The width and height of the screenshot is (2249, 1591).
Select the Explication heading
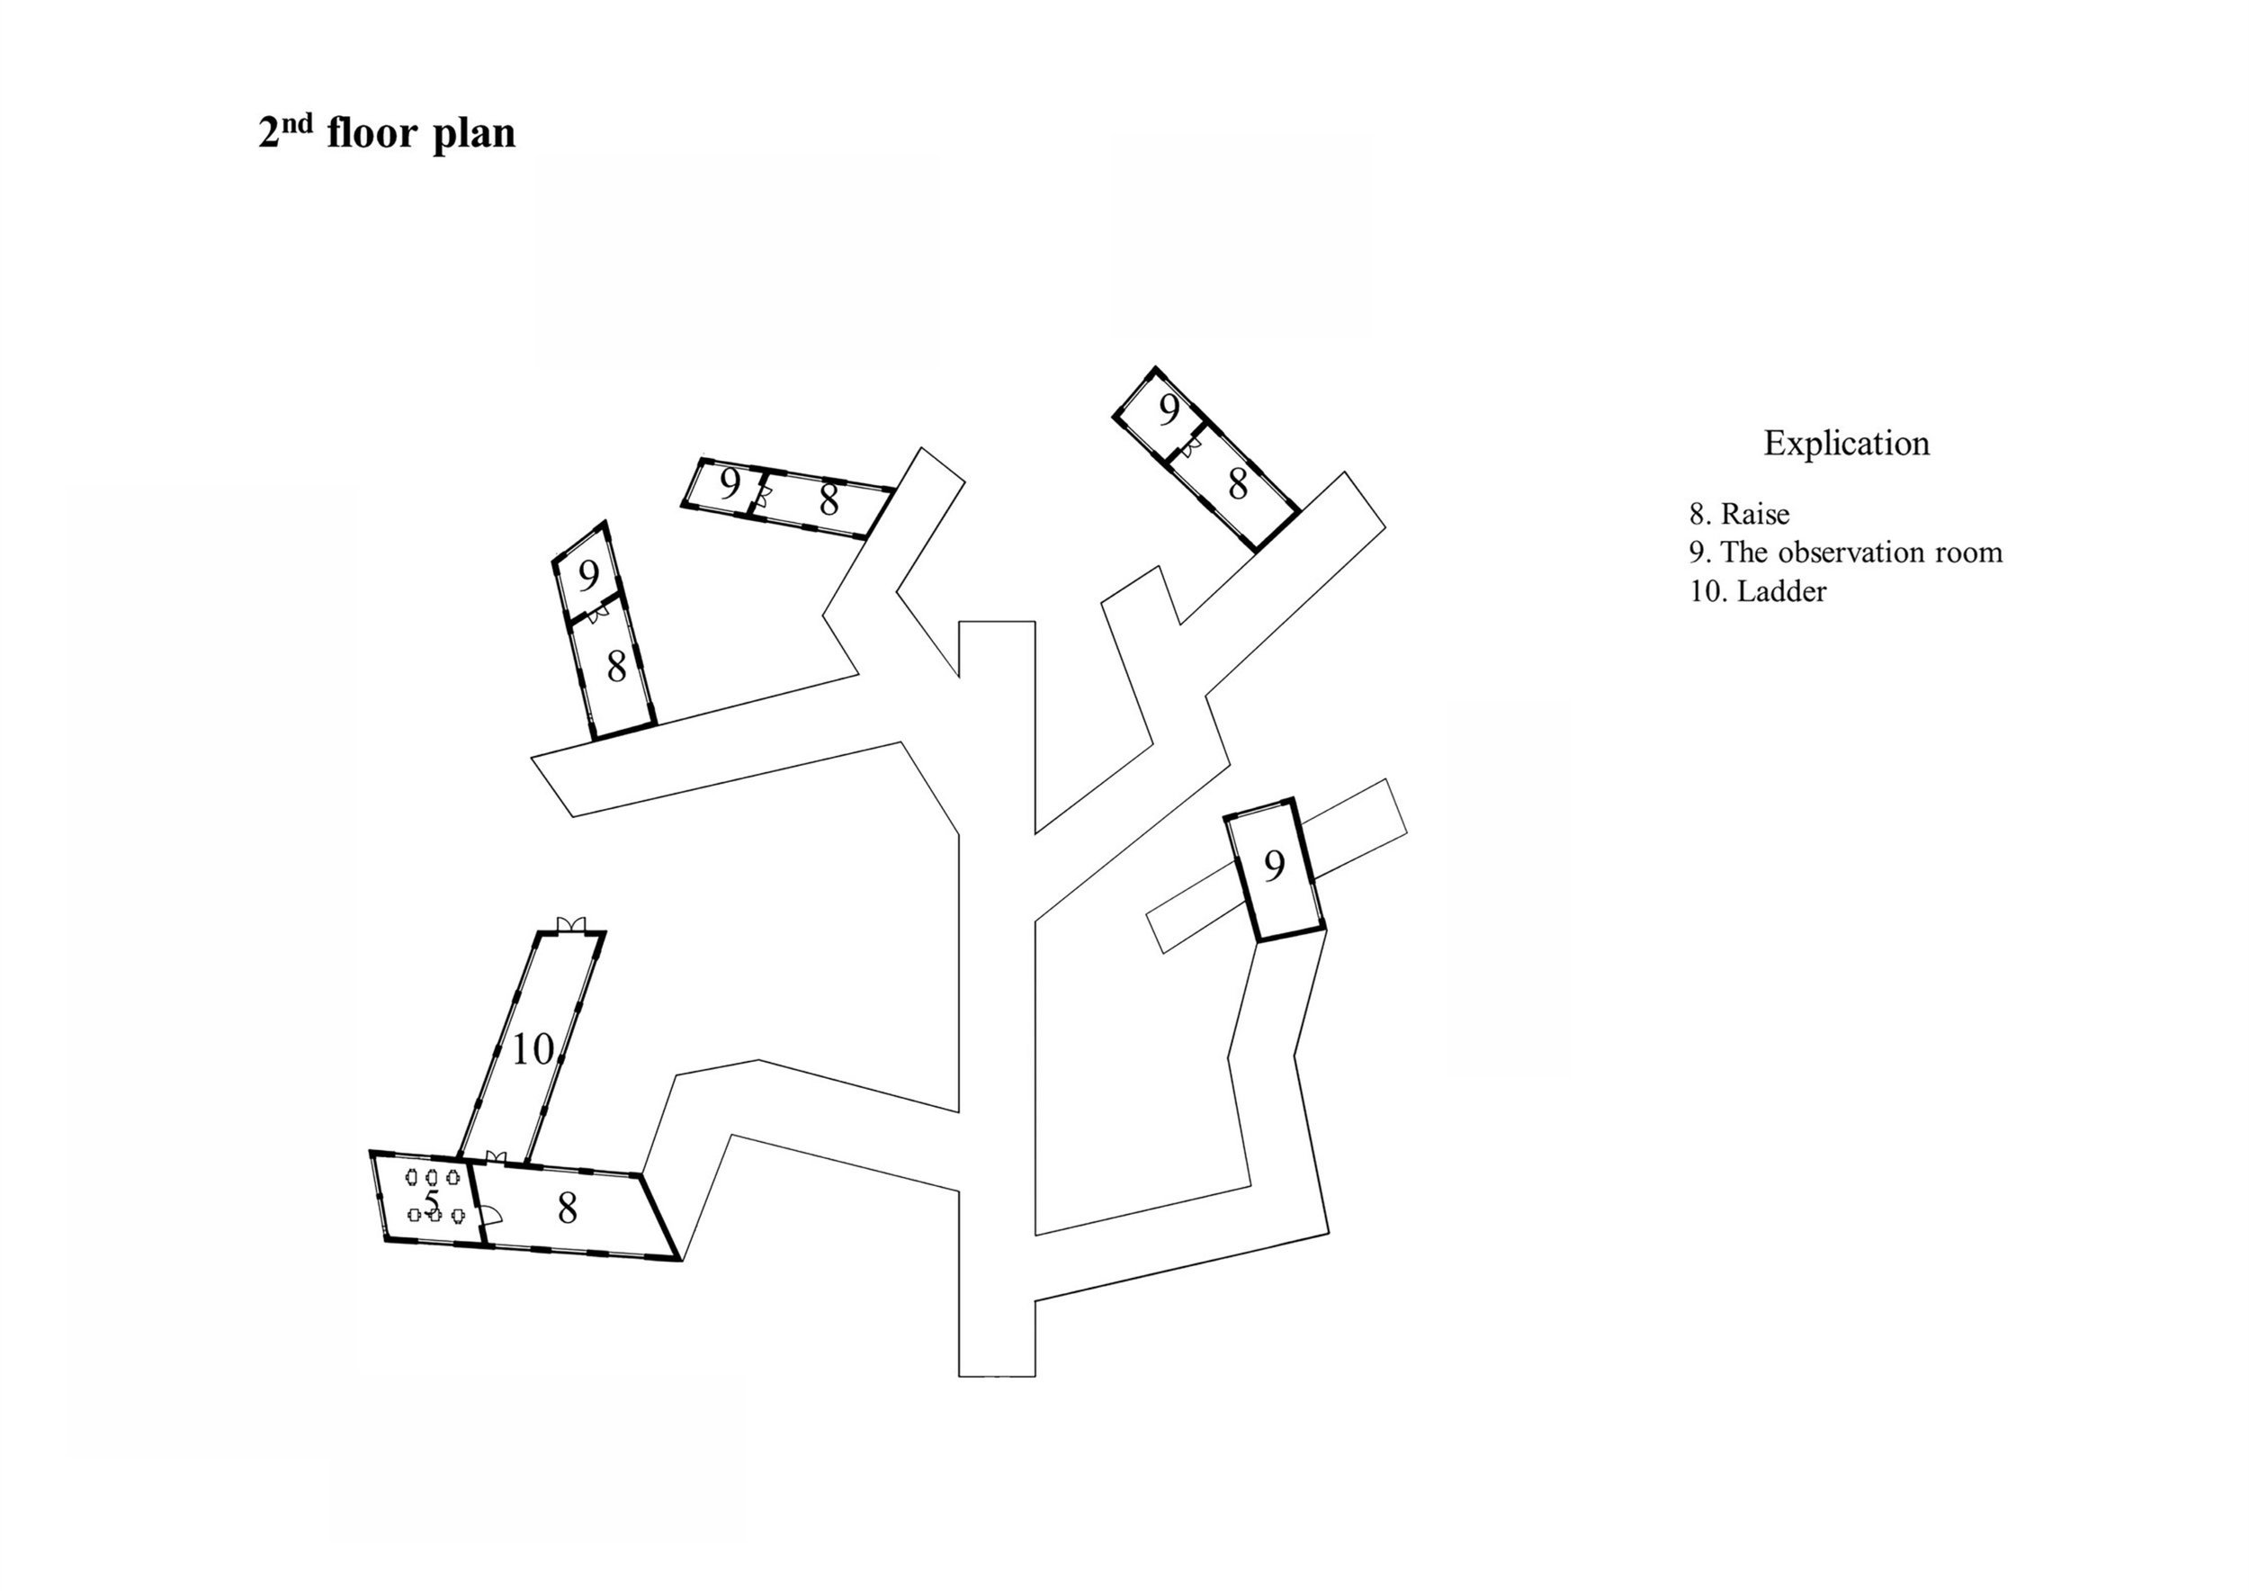pos(1846,443)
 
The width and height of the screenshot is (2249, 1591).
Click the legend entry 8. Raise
pos(1739,515)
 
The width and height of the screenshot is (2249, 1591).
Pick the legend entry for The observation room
pos(1845,553)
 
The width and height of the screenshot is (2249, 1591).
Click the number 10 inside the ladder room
pos(533,1049)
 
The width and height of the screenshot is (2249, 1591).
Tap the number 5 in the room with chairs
pos(432,1200)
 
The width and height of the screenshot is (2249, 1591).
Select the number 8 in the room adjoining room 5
pos(567,1209)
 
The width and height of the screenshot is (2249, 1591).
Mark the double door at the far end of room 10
pos(570,924)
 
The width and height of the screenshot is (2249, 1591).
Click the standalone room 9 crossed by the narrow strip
pos(1275,866)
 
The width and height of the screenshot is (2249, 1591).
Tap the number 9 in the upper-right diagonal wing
pos(1169,410)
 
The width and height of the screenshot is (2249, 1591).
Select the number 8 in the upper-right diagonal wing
pos(1238,484)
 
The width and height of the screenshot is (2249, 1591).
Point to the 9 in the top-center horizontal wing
pos(730,484)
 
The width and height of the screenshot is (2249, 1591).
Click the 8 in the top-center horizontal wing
pos(829,500)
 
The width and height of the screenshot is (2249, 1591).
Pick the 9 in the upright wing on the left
pos(587,575)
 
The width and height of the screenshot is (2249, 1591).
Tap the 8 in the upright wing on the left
pos(616,667)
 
